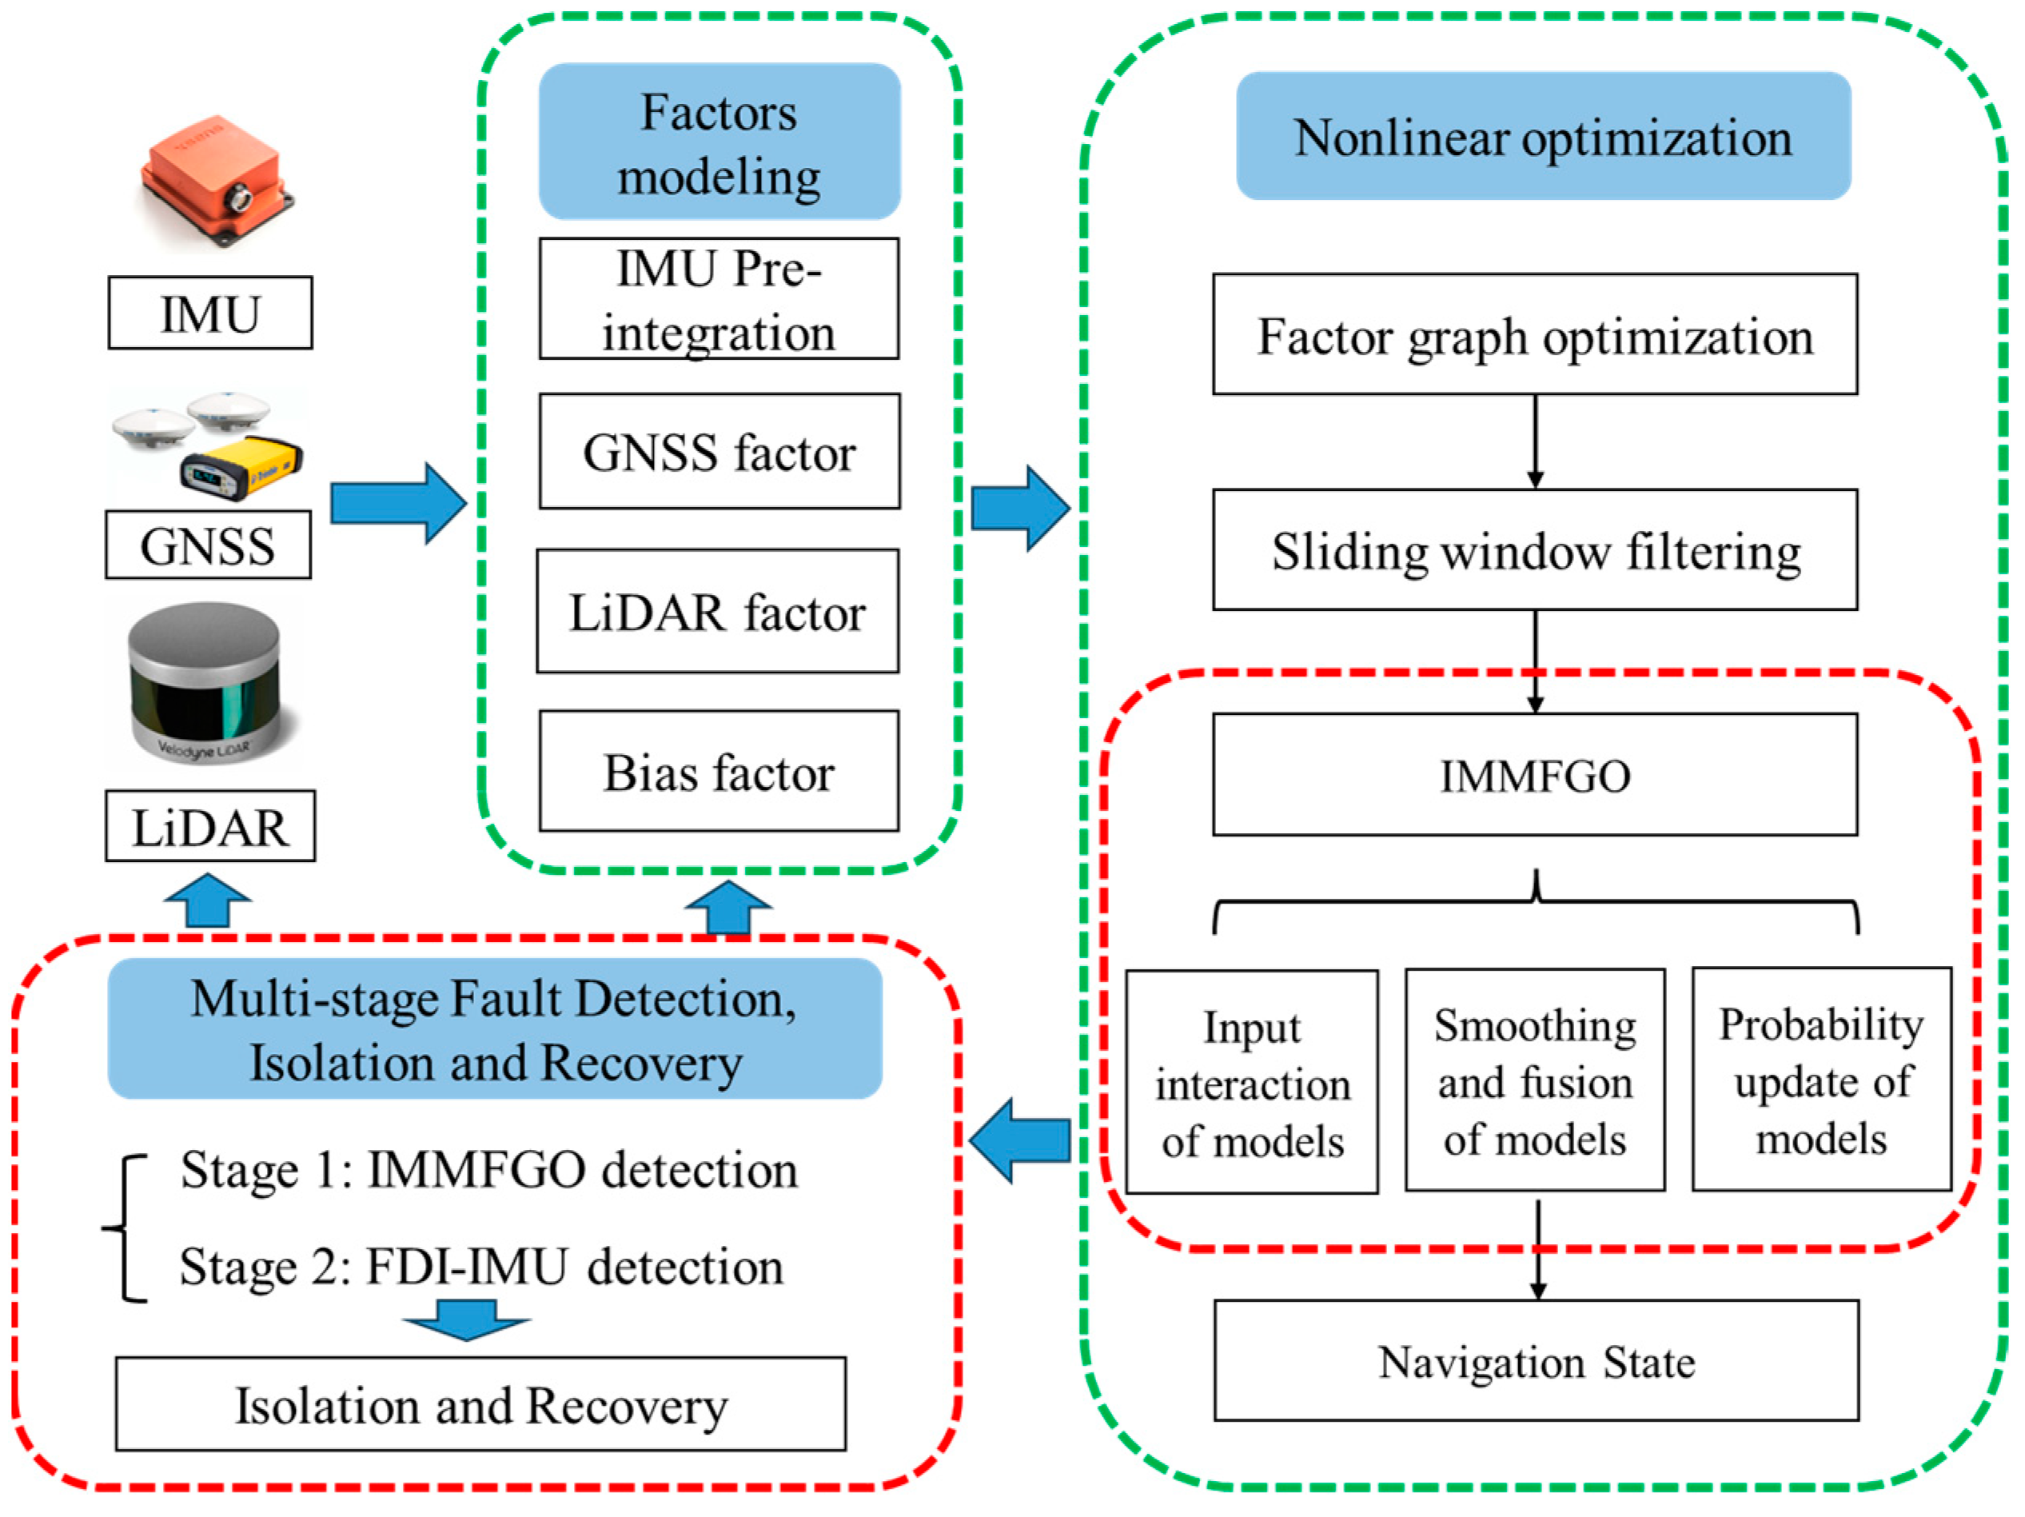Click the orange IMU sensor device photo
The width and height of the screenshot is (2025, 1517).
tap(216, 181)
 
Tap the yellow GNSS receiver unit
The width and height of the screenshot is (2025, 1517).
tap(241, 469)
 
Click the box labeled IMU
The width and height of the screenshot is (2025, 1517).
tap(209, 313)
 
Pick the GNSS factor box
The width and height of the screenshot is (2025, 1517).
tap(720, 451)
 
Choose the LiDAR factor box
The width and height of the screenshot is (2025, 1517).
tap(718, 612)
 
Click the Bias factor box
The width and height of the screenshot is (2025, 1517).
tap(720, 772)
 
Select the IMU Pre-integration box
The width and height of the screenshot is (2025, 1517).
tap(720, 299)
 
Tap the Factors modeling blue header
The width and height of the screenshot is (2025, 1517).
tap(720, 142)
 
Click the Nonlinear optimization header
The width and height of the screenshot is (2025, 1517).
tap(1544, 137)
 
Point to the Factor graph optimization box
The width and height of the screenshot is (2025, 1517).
tap(1535, 335)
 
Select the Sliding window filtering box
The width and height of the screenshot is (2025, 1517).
tap(1535, 550)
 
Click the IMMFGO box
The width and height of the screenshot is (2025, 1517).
tap(1535, 776)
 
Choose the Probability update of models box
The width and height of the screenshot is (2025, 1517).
tap(1821, 1081)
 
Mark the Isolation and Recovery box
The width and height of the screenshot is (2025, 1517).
tap(480, 1405)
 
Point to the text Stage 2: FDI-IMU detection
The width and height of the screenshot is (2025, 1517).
tap(480, 1267)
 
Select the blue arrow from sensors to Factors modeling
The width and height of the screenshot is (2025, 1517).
tap(398, 504)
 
